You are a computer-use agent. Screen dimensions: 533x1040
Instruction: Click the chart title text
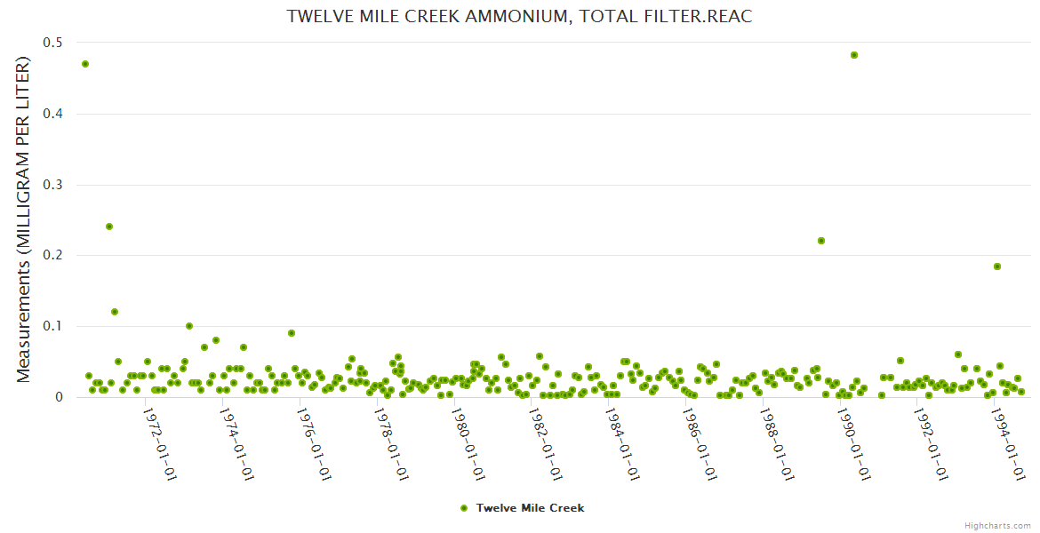click(519, 17)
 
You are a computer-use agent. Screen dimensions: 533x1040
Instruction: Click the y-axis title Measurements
click(24, 219)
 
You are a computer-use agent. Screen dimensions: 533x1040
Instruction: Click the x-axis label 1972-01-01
click(159, 444)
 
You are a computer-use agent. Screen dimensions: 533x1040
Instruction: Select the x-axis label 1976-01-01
click(314, 444)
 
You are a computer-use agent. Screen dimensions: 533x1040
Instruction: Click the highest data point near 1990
click(854, 55)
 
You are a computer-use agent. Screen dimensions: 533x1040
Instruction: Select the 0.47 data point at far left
click(85, 64)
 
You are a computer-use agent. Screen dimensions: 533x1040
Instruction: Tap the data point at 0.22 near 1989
click(821, 241)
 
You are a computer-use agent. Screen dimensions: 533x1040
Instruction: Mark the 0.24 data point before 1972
click(109, 227)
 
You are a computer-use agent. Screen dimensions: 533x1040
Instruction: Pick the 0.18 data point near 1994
click(997, 266)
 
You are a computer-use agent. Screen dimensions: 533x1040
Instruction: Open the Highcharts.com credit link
click(998, 525)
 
